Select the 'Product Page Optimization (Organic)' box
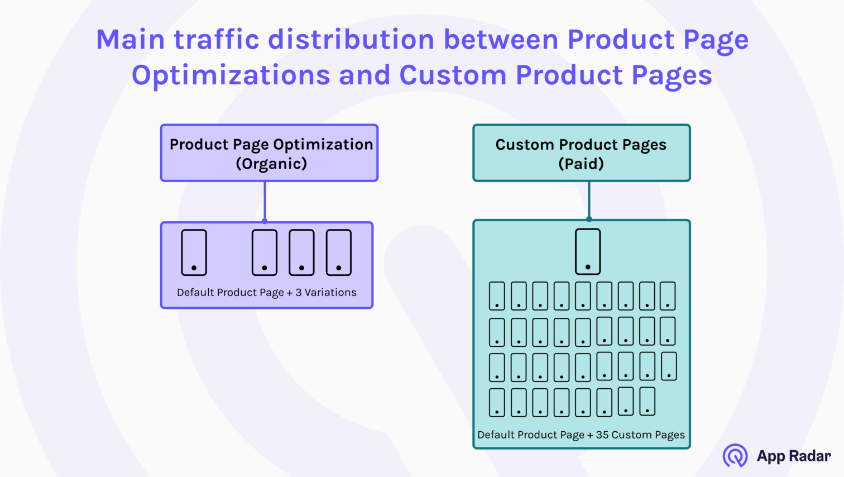pyautogui.click(x=269, y=153)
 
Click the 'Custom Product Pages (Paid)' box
pyautogui.click(x=581, y=153)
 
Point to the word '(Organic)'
pyautogui.click(x=271, y=164)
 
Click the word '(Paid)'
pyautogui.click(x=581, y=164)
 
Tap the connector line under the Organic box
pyautogui.click(x=265, y=201)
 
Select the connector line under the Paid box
pyautogui.click(x=589, y=200)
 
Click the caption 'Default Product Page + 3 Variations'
pyautogui.click(x=266, y=292)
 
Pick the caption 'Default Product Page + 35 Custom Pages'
pyautogui.click(x=581, y=435)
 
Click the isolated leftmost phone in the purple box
pyautogui.click(x=194, y=252)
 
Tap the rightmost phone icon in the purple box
pyautogui.click(x=338, y=252)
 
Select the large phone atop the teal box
pyautogui.click(x=588, y=251)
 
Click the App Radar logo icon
pyautogui.click(x=735, y=456)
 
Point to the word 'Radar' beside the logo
pyautogui.click(x=810, y=456)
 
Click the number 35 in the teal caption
pyautogui.click(x=602, y=435)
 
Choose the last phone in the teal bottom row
pyautogui.click(x=647, y=402)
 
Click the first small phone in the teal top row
pyautogui.click(x=497, y=296)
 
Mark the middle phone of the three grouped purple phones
pyautogui.click(x=301, y=252)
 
